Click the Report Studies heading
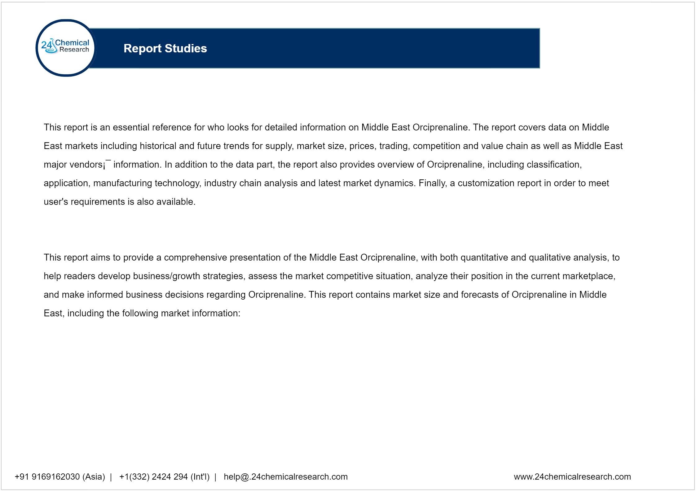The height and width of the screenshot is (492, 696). [x=165, y=48]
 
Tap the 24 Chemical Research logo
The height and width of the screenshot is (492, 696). [x=66, y=47]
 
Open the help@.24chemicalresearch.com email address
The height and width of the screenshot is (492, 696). [x=286, y=477]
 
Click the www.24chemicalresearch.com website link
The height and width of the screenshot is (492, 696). [x=572, y=477]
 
